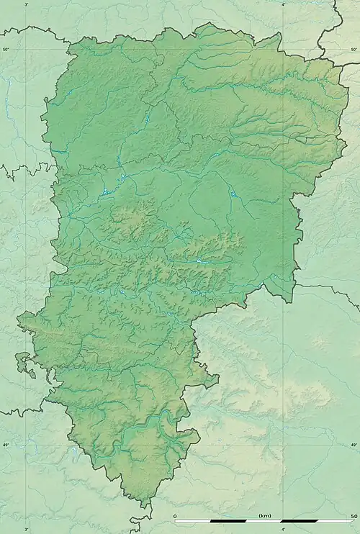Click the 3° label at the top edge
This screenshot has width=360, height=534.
pyautogui.click(x=27, y=4)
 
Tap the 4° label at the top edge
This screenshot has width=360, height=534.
pyautogui.click(x=283, y=4)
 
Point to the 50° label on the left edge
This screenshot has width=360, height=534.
pyautogui.click(x=5, y=49)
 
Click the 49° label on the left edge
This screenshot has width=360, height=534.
pyautogui.click(x=5, y=445)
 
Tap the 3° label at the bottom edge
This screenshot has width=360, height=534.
pyautogui.click(x=27, y=529)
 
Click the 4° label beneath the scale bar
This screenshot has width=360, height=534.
pyautogui.click(x=283, y=529)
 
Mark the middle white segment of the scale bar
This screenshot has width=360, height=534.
pyautogui.click(x=264, y=521)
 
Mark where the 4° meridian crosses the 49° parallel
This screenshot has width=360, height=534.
pyautogui.click(x=283, y=445)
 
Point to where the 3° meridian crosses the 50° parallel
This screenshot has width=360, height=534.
pyautogui.click(x=27, y=49)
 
